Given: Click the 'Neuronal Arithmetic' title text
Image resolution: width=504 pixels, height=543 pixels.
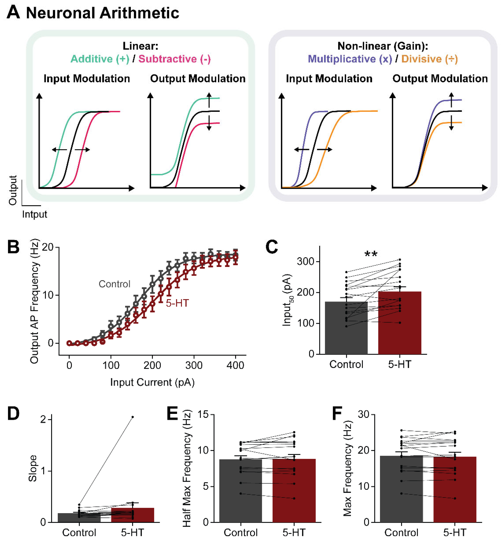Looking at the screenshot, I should tap(102, 13).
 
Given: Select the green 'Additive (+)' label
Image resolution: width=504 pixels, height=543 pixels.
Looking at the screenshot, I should tap(100, 59).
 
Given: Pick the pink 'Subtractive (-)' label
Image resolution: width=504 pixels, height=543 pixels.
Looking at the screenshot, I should tap(175, 59).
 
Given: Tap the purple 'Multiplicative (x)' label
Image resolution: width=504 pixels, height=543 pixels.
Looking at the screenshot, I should tap(350, 59).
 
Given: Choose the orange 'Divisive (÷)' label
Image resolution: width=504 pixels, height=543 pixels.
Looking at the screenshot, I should tap(429, 59).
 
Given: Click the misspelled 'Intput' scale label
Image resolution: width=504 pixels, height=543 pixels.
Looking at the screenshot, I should tap(35, 214).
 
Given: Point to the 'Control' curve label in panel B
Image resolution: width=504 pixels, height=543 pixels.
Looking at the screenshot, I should tap(114, 284).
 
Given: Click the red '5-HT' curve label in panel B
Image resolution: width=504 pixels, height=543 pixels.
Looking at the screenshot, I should tap(177, 303).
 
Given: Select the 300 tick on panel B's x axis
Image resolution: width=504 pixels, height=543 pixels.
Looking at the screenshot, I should tap(194, 365).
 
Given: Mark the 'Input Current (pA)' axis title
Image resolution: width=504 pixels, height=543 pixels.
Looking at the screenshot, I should tap(152, 382).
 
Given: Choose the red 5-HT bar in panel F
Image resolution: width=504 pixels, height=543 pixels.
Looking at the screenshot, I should tap(455, 491).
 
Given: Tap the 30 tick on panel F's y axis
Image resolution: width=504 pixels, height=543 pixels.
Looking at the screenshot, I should tap(363, 415).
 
